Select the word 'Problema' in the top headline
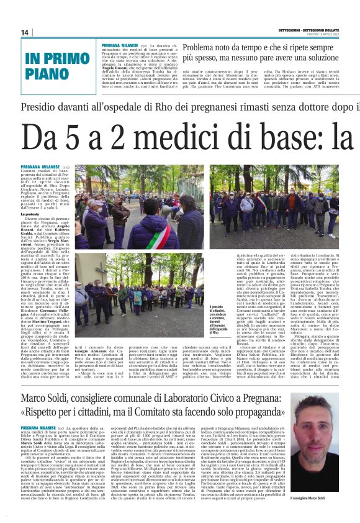click(x=202, y=47)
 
